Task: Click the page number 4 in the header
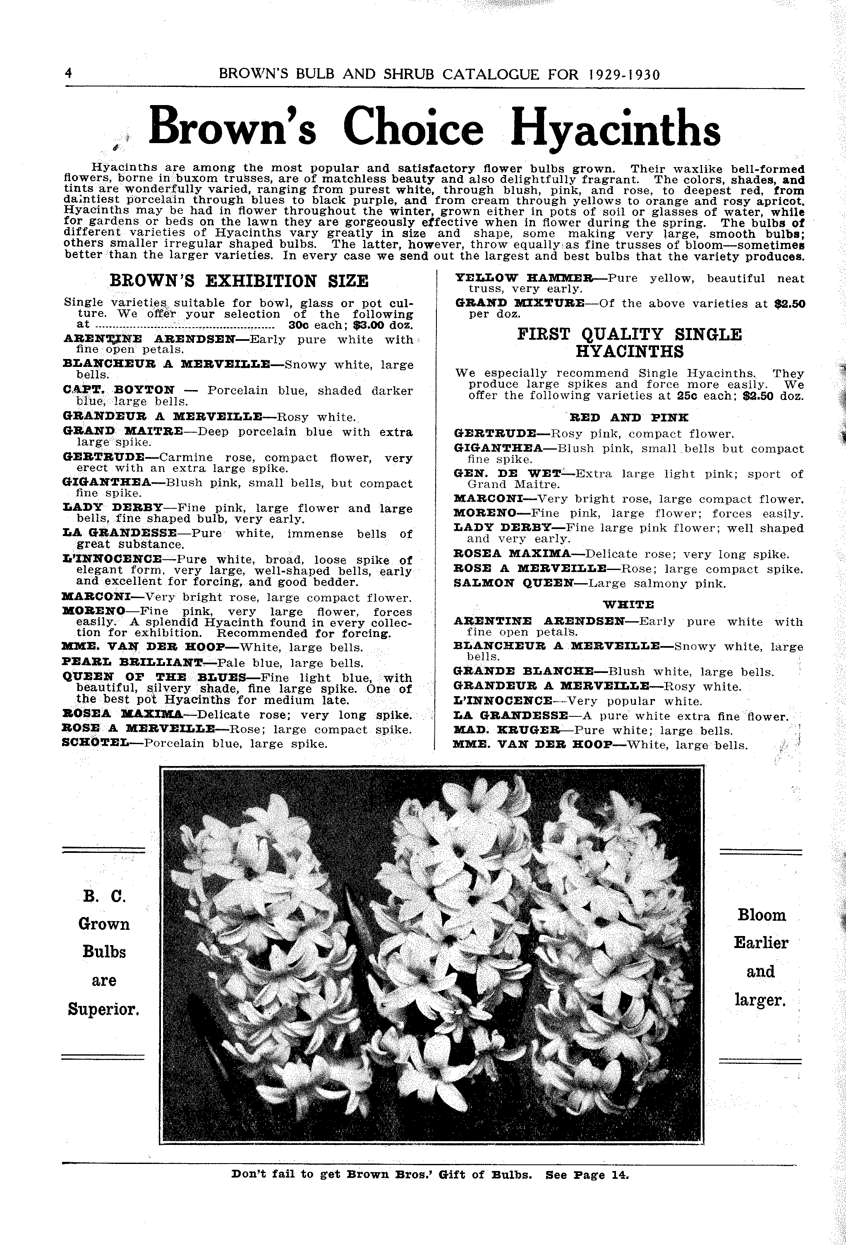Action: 68,73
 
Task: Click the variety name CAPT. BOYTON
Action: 119,390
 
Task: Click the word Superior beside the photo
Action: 103,1009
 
